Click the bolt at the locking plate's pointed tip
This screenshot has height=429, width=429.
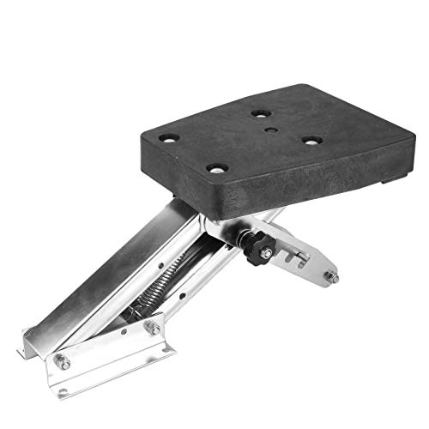[x=331, y=277]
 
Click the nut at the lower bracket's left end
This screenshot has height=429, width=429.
[x=63, y=363]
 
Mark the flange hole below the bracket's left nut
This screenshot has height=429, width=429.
[x=63, y=391]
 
